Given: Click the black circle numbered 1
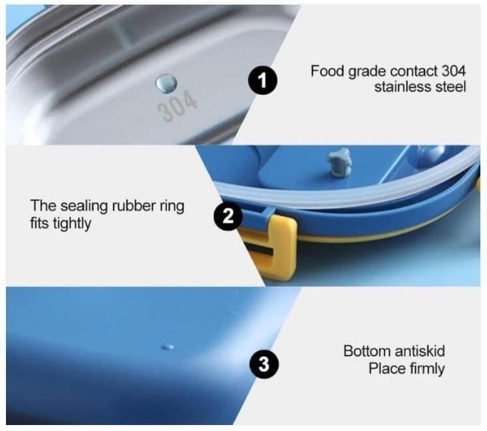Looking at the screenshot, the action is (263, 80).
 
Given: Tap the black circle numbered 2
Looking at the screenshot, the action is (228, 215).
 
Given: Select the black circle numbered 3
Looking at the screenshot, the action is (264, 364).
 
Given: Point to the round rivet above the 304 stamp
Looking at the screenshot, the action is (166, 83).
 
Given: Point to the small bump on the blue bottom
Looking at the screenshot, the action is (168, 347).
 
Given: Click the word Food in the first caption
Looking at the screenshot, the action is (328, 71).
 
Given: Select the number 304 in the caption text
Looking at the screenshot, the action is (454, 71).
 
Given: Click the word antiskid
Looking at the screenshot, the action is (420, 351).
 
